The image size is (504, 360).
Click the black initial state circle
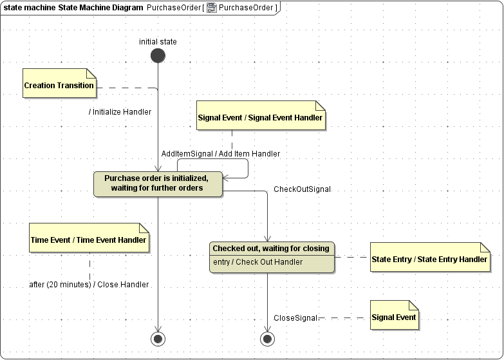(x=158, y=56)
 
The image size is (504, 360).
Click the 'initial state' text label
(x=158, y=42)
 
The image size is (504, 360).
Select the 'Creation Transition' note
(x=59, y=85)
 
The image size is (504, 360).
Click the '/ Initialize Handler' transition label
(x=120, y=112)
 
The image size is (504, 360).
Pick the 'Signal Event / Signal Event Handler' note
(x=260, y=118)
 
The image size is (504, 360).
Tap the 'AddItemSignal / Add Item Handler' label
(x=221, y=154)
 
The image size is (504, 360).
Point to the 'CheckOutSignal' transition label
(x=302, y=189)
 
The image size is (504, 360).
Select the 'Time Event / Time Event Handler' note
(x=89, y=240)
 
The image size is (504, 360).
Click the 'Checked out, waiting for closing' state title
(x=271, y=249)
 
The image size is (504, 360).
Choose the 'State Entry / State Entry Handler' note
(x=429, y=259)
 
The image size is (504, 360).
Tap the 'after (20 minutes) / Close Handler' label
(x=89, y=285)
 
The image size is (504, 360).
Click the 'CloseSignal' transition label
(x=295, y=317)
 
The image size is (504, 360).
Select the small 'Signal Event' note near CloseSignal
(x=393, y=317)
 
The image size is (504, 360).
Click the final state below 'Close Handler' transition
(x=158, y=338)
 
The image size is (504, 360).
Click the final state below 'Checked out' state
(x=267, y=338)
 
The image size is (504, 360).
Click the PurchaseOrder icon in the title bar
(x=211, y=8)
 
